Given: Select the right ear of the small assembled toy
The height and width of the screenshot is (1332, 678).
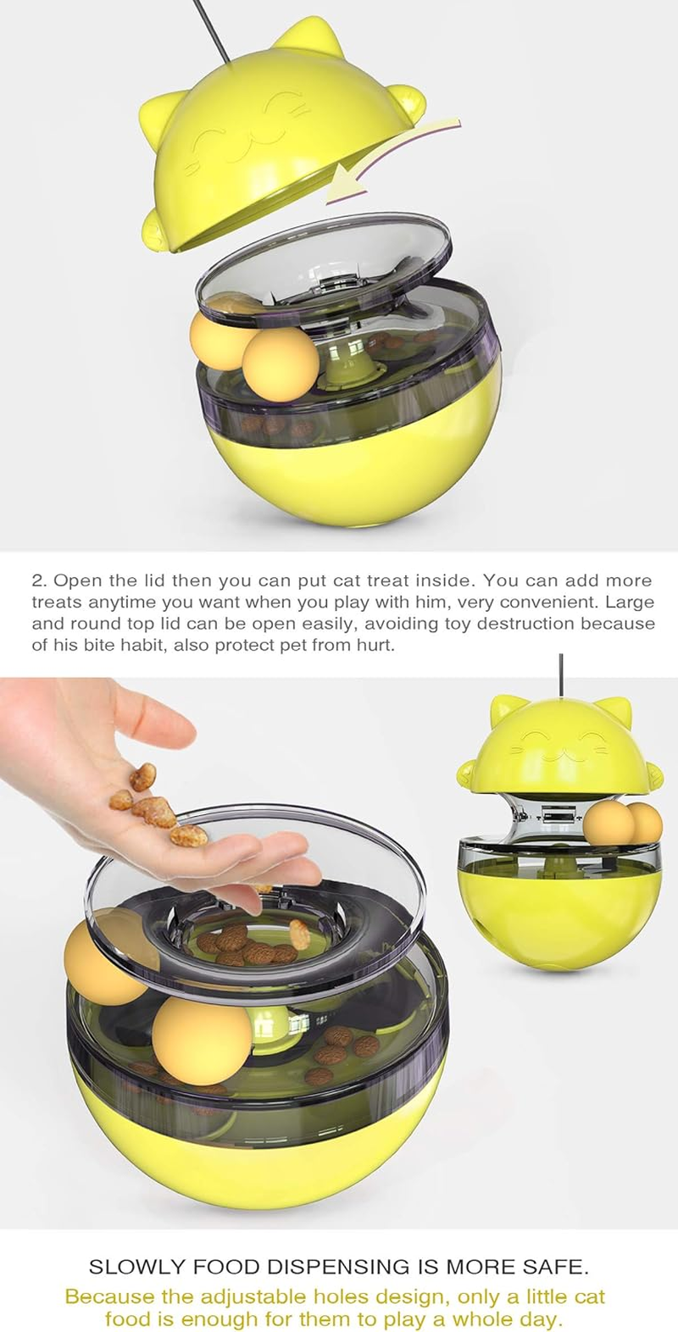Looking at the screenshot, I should click(x=617, y=707).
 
